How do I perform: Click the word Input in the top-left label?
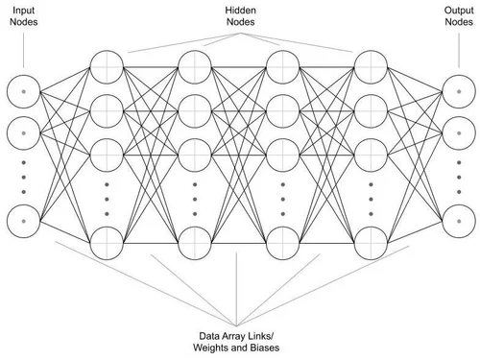coord(21,10)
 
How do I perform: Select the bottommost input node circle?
coord(22,220)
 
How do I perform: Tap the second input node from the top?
coord(22,129)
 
